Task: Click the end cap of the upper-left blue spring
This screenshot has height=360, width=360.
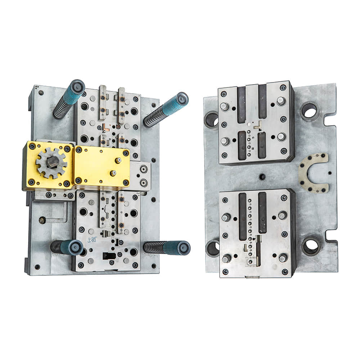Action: coord(77,87)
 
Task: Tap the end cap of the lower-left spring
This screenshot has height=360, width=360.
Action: coord(76,247)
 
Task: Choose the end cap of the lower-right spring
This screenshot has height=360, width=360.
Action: coord(183,248)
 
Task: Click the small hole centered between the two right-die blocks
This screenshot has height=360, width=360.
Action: coord(262,177)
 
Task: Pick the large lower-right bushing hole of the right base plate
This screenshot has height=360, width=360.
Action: coord(310,246)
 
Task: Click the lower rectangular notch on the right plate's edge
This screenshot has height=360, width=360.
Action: coord(330,236)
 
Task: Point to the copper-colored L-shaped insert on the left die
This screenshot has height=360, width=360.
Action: coord(106,127)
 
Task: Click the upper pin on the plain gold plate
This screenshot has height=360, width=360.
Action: coord(118,161)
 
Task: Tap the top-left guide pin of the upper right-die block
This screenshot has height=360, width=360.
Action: coord(225,107)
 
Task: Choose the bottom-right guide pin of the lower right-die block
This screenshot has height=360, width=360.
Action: coord(283,258)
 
